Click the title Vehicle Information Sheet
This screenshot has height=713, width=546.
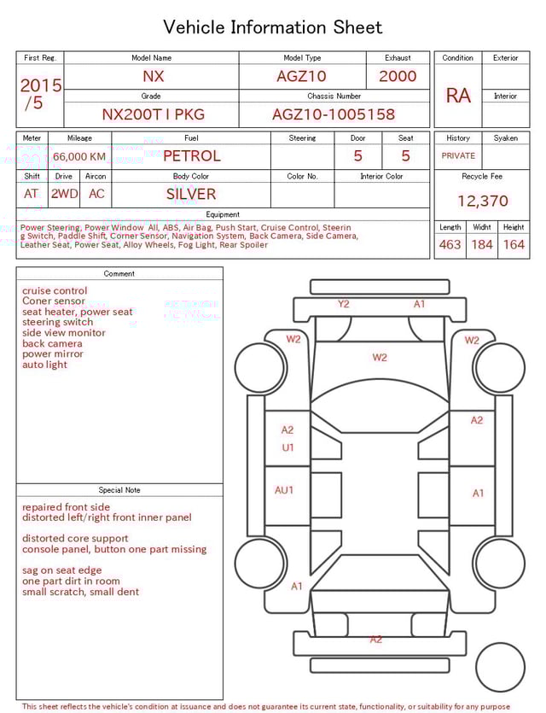(x=273, y=27)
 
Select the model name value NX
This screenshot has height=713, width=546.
(x=154, y=76)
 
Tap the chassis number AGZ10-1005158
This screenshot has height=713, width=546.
(x=334, y=114)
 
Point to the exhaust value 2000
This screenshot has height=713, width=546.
(x=398, y=76)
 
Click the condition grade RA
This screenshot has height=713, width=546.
(x=458, y=96)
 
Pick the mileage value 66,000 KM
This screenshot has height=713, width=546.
(x=79, y=156)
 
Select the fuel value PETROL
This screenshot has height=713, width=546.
(x=191, y=156)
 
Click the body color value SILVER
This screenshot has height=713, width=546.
(x=191, y=194)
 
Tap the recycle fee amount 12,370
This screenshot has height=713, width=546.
(x=482, y=202)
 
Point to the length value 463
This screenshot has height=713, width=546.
(x=450, y=245)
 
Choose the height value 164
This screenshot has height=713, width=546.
(x=514, y=245)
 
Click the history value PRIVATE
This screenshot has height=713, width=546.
(x=458, y=156)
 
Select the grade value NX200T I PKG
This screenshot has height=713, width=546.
(x=153, y=114)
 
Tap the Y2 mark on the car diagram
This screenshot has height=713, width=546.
(x=343, y=304)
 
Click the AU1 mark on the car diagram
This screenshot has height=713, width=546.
(x=284, y=490)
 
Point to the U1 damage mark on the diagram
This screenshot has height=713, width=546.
(x=288, y=447)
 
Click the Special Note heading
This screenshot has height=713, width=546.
(x=119, y=490)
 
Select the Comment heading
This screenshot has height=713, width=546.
(x=119, y=274)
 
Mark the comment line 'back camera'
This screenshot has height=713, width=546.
(x=52, y=343)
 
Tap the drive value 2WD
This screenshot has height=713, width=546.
(x=64, y=194)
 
